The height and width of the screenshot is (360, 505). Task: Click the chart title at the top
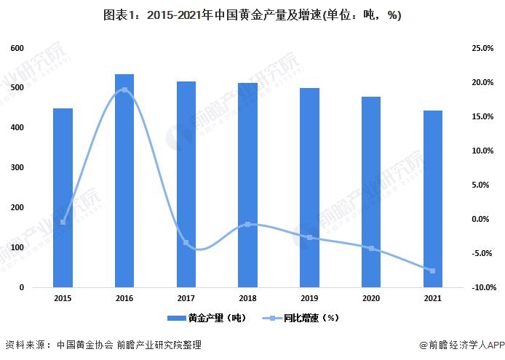(252, 15)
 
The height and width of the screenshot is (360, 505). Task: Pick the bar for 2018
(248, 185)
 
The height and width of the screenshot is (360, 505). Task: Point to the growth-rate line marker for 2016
(124, 90)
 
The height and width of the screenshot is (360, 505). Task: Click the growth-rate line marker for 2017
(186, 243)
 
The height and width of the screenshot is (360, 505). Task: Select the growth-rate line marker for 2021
(434, 271)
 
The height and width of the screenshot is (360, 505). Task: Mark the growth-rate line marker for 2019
(310, 237)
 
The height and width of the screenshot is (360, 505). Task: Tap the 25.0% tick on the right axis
(482, 48)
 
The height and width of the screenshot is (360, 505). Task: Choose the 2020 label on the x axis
(372, 298)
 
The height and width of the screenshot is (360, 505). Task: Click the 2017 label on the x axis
(186, 298)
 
